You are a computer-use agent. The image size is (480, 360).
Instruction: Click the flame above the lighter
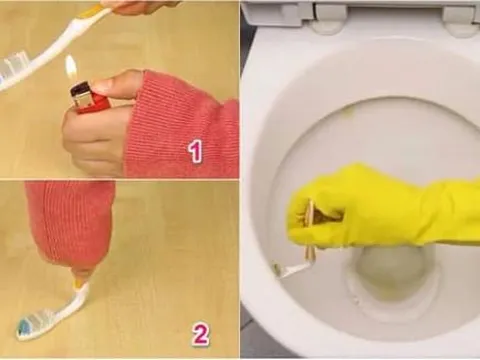click(71, 67)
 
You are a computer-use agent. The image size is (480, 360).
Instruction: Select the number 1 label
click(195, 151)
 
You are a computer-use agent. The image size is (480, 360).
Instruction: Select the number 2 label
click(200, 333)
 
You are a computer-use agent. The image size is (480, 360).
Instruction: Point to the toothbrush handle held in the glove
click(311, 229)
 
